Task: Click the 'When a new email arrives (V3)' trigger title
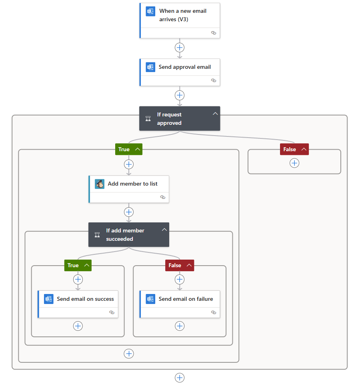(x=183, y=15)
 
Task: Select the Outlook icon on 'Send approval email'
(x=150, y=67)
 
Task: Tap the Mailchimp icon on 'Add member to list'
(x=100, y=184)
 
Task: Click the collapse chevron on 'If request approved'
(x=215, y=114)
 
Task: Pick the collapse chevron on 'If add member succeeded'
(x=164, y=230)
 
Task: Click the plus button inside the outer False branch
(x=294, y=163)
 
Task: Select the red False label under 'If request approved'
(x=290, y=149)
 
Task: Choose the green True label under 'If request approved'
(x=124, y=149)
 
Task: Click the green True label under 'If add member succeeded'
(x=73, y=265)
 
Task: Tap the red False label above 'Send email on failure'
(x=175, y=265)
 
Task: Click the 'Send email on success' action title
(x=85, y=299)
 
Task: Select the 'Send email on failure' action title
(x=186, y=299)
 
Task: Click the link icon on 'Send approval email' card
(x=214, y=80)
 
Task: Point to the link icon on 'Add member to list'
(x=162, y=197)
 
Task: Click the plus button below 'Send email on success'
(x=78, y=326)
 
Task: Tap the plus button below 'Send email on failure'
(x=180, y=326)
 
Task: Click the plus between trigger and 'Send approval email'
(x=180, y=48)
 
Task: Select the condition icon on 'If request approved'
(x=148, y=119)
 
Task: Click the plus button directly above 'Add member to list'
(x=129, y=164)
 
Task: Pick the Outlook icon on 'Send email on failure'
(x=150, y=299)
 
